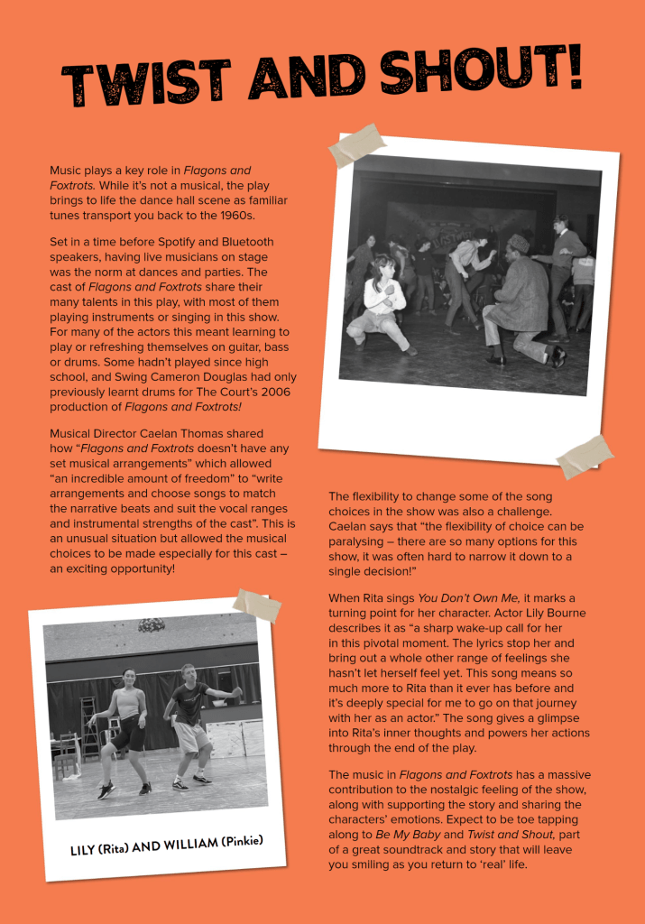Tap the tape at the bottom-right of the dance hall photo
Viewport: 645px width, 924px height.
[585, 457]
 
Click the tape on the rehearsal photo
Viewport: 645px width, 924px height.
[256, 604]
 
